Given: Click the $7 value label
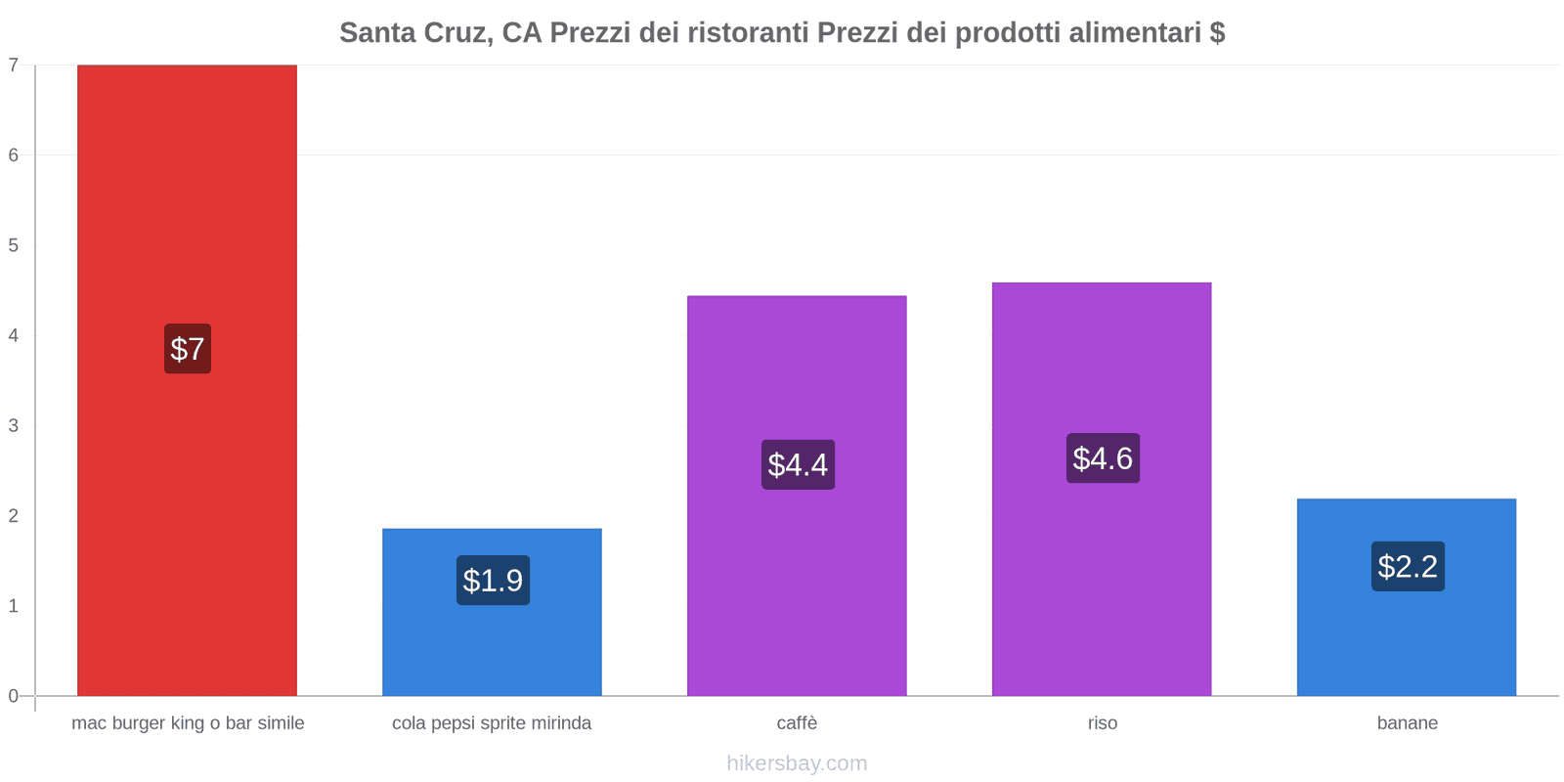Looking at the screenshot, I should [x=188, y=349].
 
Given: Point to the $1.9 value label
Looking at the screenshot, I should [x=493, y=581].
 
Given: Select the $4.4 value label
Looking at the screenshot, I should [x=798, y=465].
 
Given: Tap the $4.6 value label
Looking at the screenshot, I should [x=1103, y=458].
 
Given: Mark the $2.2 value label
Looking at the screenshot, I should [x=1408, y=567].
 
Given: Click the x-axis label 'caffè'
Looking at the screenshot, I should [x=797, y=723].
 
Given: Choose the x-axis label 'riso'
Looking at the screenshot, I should [x=1102, y=723].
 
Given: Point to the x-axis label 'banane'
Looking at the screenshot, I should [x=1407, y=723].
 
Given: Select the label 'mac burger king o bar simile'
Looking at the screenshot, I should [x=188, y=723].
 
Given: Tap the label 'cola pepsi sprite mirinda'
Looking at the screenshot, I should [x=492, y=723].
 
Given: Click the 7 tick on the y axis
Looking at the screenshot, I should [x=14, y=65].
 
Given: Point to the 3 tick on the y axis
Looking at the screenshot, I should [x=14, y=426].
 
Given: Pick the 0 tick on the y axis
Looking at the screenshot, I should [x=14, y=696].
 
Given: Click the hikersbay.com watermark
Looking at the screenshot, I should [x=797, y=763].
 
